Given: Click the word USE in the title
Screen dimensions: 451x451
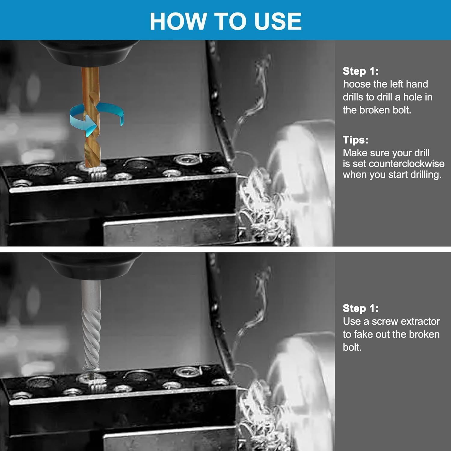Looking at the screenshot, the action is click(278, 21).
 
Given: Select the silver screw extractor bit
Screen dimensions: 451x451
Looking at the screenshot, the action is click(91, 325).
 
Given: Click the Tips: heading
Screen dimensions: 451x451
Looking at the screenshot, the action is click(355, 140).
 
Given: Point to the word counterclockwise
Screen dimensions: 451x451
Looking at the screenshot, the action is click(407, 164).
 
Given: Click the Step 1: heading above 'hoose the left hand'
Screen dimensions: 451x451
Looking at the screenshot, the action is click(360, 71).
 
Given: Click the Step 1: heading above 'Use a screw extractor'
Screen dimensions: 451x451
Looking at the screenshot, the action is click(360, 308).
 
